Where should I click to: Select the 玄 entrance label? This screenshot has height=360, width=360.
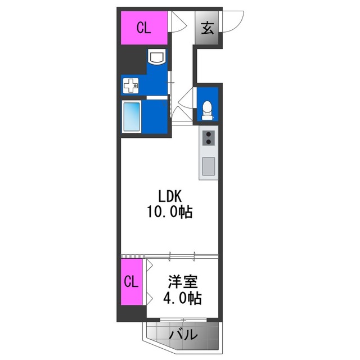pos(207,28)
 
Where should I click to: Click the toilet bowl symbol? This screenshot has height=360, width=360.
pos(208,109)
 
